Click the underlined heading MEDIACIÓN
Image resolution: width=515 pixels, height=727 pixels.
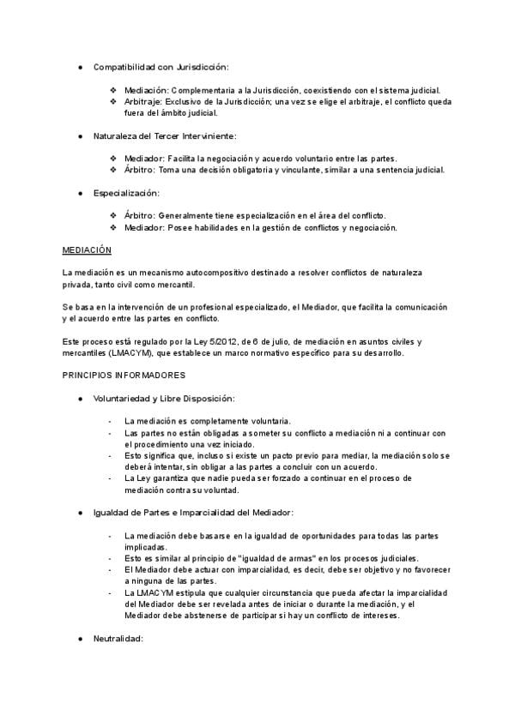tap(88, 250)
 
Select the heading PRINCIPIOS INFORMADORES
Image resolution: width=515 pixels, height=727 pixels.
tap(124, 376)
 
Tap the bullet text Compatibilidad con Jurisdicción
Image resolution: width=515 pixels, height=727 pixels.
tap(161, 67)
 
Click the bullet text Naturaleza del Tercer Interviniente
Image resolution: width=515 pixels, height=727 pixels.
tap(164, 135)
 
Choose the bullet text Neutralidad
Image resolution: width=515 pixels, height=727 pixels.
tap(118, 639)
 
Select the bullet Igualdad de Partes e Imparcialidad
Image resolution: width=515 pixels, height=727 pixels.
tap(193, 512)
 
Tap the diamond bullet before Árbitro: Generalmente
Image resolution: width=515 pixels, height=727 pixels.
tap(113, 215)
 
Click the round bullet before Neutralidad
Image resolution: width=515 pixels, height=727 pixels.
tap(80, 639)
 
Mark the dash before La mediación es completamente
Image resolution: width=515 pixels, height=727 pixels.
tap(111, 421)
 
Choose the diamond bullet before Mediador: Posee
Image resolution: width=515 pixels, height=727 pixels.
tap(113, 227)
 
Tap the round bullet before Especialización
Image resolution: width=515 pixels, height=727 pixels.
tap(80, 193)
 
